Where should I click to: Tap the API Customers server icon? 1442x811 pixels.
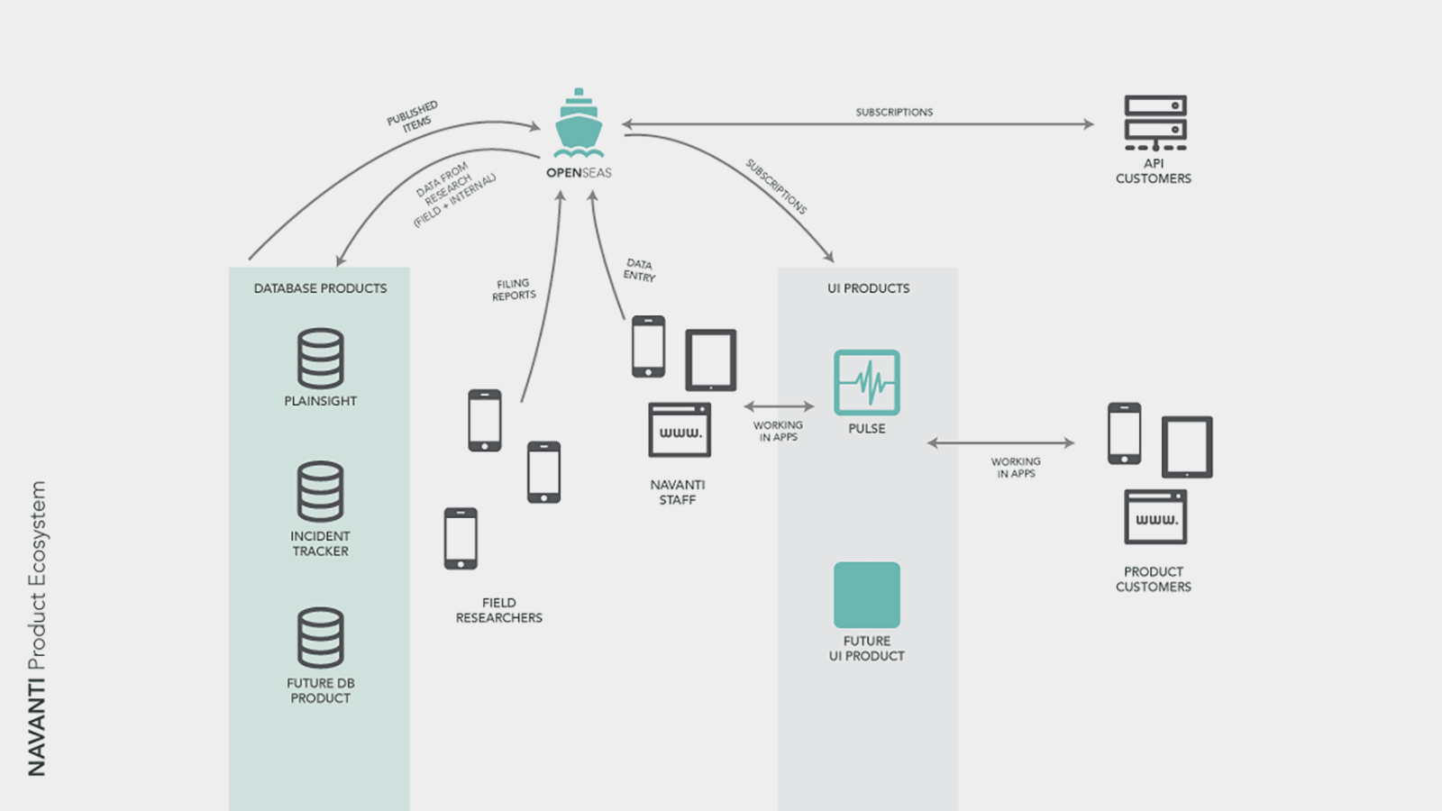point(1155,123)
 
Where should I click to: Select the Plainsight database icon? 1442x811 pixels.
point(320,359)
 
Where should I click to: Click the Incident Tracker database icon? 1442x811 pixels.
point(320,492)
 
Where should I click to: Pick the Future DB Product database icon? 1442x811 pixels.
point(320,638)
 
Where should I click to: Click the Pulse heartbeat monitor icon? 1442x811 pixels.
point(866,382)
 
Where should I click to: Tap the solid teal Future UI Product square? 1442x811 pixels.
point(866,595)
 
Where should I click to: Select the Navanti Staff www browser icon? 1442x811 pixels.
point(680,430)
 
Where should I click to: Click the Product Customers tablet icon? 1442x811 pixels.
point(1187,447)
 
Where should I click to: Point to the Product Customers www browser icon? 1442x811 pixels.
point(1155,517)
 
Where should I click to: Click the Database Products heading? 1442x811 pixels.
point(320,288)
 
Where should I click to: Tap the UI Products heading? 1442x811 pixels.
point(868,288)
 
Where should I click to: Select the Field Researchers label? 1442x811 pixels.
point(498,610)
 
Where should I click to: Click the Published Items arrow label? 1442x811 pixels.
point(413,116)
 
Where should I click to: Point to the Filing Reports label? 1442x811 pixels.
point(514,289)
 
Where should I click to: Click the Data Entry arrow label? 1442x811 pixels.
point(639,270)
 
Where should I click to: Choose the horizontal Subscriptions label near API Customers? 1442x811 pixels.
point(894,112)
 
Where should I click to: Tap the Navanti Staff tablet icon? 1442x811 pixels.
point(710,360)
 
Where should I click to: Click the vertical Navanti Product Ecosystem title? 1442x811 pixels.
point(36,628)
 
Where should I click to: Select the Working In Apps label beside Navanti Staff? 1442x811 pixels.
point(778,431)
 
